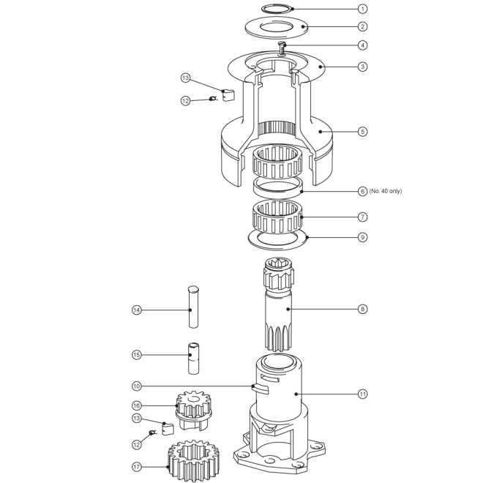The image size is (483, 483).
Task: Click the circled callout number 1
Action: [x=362, y=9]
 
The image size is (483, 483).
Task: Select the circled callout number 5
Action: [x=362, y=132]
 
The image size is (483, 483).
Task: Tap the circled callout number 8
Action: [x=362, y=309]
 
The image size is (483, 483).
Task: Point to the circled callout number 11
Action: [x=362, y=394]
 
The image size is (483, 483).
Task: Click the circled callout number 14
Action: [x=137, y=310]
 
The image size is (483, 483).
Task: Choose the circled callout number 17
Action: [x=137, y=467]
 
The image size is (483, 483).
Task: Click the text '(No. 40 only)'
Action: [x=386, y=191]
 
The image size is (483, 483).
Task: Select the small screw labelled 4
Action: [x=282, y=48]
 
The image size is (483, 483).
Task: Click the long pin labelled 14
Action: [x=193, y=307]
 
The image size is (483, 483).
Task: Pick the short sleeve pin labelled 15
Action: [x=193, y=359]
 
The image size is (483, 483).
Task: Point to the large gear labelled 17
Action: [x=193, y=460]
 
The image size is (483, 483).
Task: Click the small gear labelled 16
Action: [x=194, y=410]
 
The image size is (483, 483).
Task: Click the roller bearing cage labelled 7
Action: [x=277, y=217]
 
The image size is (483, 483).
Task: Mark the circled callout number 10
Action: [x=137, y=386]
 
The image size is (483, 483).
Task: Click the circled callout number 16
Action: [x=137, y=405]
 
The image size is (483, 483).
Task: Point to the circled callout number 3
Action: [x=362, y=67]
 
